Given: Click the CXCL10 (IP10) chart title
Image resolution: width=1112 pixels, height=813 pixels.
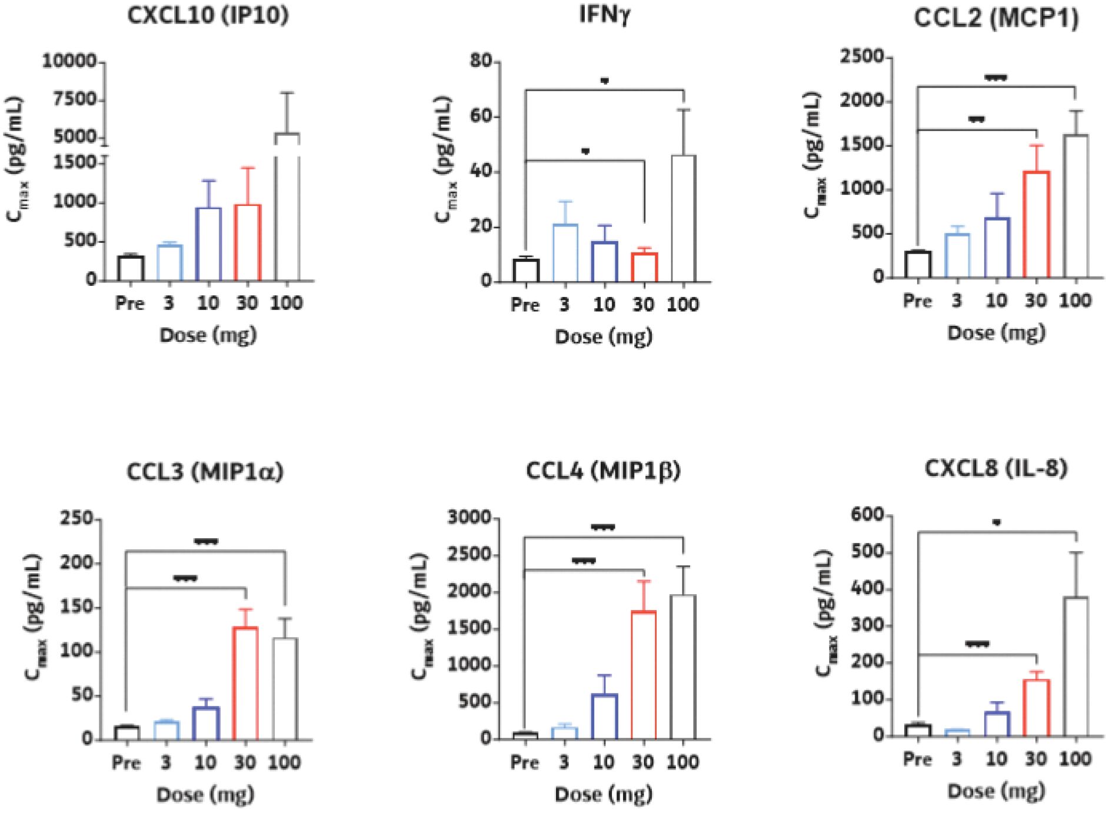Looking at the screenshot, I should (209, 16).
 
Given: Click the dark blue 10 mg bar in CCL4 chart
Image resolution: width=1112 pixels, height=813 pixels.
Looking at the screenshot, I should (604, 717).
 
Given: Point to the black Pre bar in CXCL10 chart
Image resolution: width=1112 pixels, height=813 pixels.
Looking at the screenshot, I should (130, 268).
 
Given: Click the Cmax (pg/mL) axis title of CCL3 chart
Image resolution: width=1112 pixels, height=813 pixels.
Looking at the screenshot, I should (32, 624).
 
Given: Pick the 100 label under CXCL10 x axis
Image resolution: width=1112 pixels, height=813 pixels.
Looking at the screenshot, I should (287, 304).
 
